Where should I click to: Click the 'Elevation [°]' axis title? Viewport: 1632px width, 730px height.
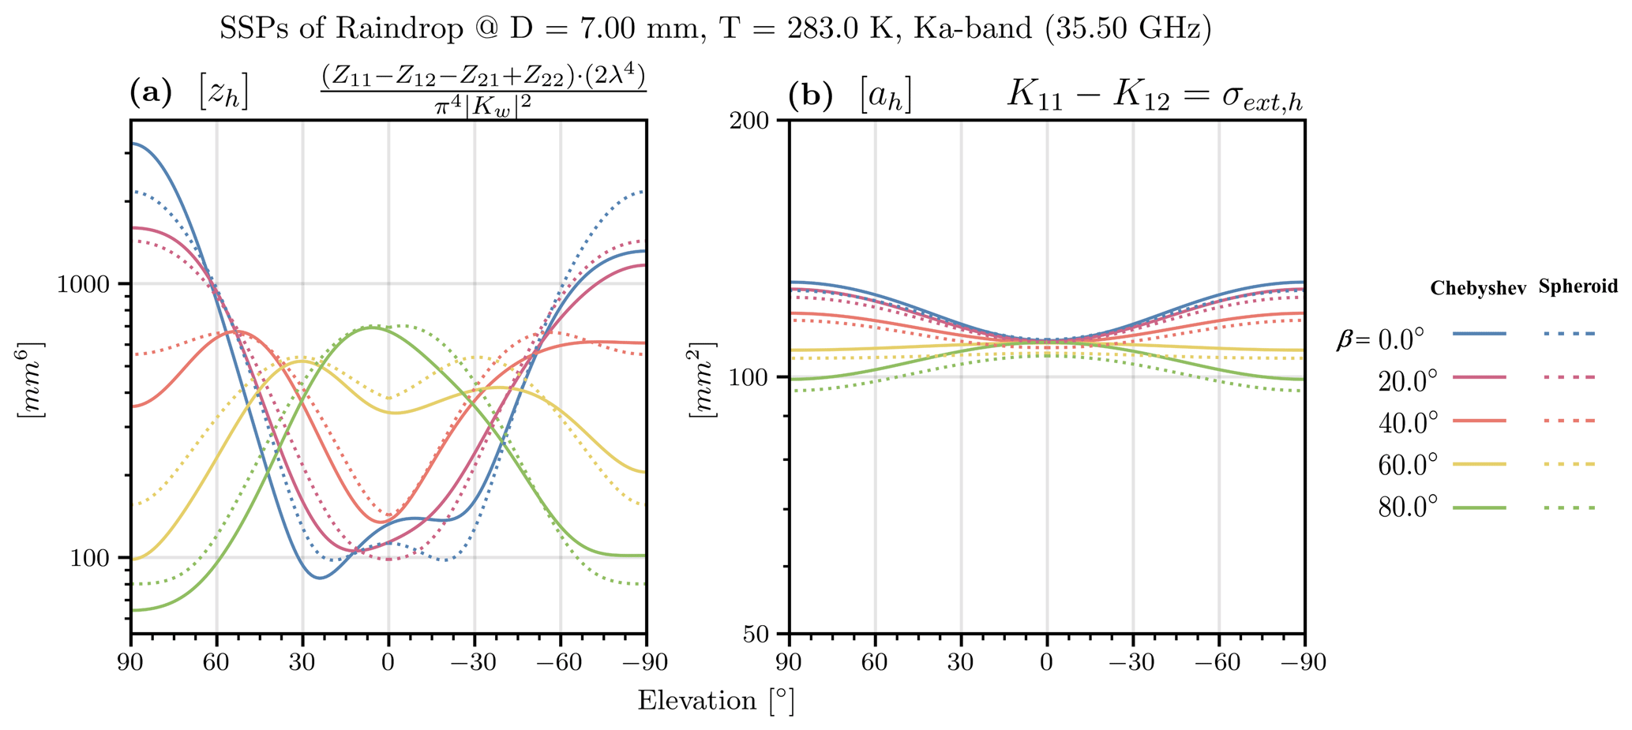(x=715, y=701)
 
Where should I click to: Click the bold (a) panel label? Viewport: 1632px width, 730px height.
(x=150, y=95)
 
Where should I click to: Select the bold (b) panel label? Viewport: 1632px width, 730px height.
(x=810, y=95)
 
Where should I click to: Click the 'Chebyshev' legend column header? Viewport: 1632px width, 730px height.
(x=1478, y=290)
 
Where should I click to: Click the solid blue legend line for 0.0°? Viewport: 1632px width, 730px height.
(x=1479, y=334)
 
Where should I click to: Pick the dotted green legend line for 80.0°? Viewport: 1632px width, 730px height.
(x=1570, y=508)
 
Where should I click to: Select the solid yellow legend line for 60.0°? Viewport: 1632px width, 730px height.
(x=1479, y=465)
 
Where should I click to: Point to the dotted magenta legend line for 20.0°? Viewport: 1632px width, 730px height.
(x=1570, y=377)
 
